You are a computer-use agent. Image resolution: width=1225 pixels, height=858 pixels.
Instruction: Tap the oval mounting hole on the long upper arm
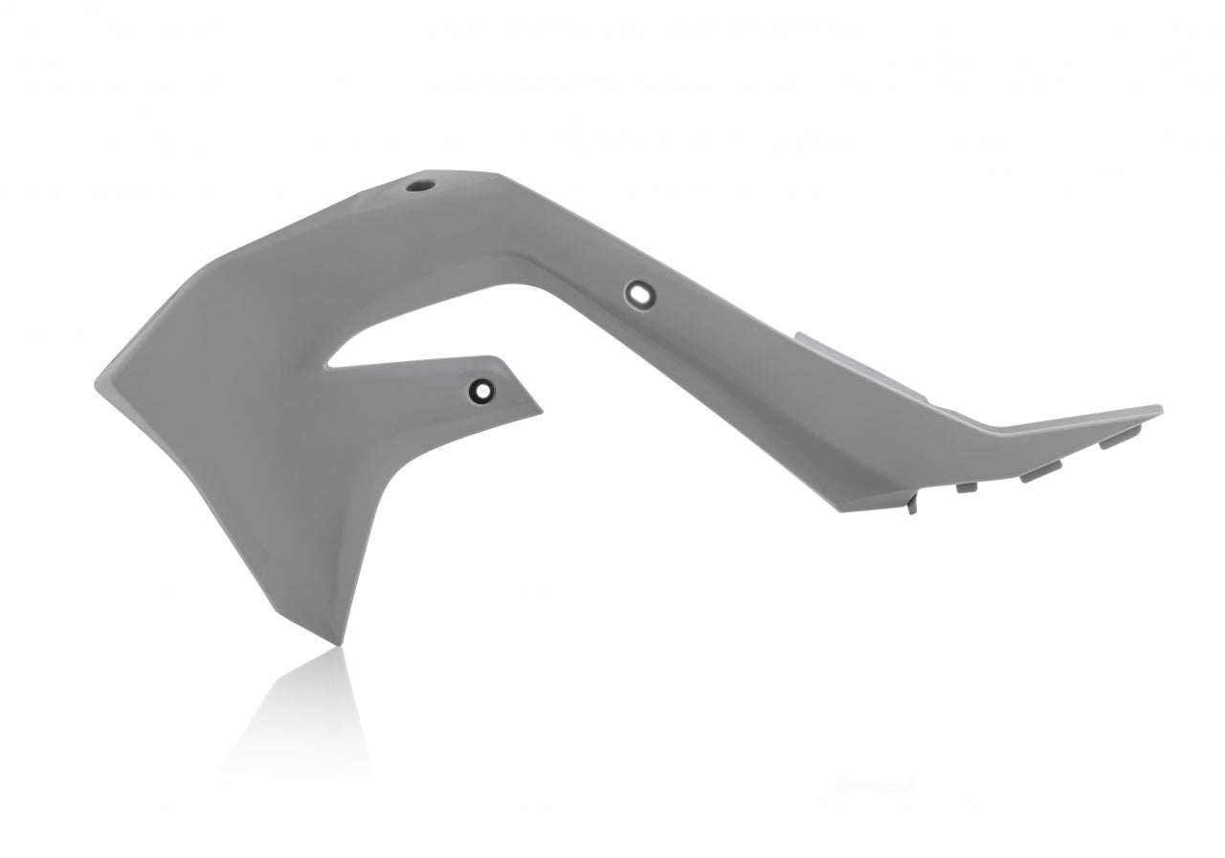pos(638,293)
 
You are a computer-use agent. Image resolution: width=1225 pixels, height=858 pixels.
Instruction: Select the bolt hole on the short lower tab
pos(480,389)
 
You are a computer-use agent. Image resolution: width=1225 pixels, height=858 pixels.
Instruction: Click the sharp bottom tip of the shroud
pos(336,643)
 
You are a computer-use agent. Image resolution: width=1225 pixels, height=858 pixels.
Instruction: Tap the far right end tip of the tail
pos(1161,409)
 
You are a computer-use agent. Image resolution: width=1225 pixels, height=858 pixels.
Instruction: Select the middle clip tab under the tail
pos(1041,471)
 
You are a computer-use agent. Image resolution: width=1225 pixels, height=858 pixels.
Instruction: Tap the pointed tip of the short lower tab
pos(540,412)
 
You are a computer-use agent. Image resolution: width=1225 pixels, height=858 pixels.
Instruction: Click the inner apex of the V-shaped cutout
pos(330,365)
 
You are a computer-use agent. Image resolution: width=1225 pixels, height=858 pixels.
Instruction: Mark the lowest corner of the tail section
pos(840,511)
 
